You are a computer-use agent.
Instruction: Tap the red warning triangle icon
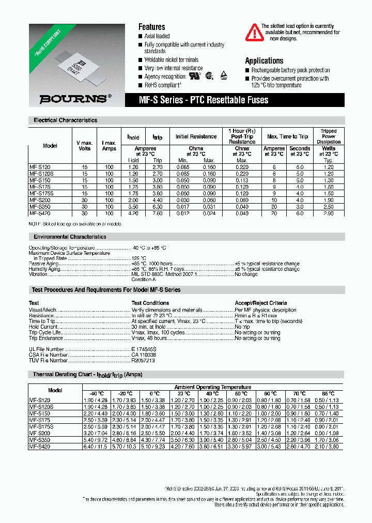pos(254,33)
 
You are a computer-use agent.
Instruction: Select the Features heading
pos(151,27)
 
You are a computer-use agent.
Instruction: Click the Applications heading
pos(263,61)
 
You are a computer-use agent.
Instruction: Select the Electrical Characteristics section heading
pos(65,120)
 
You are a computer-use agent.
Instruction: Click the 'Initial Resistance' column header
pos(196,136)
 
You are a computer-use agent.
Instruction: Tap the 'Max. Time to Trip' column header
pos(287,136)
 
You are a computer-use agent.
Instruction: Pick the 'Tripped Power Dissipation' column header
pos(328,136)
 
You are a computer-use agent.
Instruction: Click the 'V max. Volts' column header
pos(85,146)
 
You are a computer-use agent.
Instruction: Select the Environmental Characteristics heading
pos(70,237)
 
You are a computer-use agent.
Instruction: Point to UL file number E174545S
pos(144,350)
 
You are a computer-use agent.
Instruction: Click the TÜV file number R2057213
pos(143,360)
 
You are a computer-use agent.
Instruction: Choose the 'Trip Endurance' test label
pos(46,338)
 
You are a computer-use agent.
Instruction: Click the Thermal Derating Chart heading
pos(87,374)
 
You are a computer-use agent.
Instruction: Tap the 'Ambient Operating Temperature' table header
pos(212,387)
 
